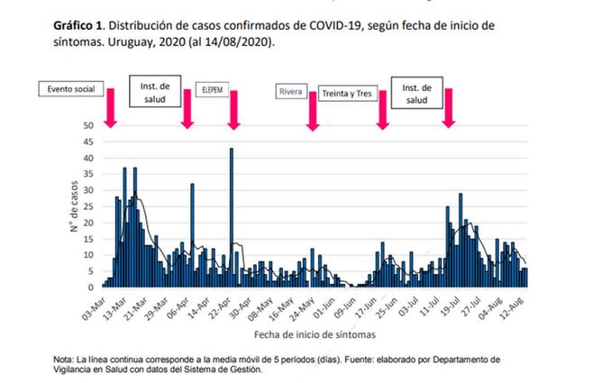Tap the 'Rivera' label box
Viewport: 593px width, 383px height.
tap(291, 91)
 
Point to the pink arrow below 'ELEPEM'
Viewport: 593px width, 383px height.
tap(233, 113)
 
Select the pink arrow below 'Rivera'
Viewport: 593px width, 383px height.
tap(312, 113)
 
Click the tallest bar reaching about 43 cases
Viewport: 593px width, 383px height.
tap(232, 217)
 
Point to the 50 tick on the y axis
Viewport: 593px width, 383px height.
tap(87, 126)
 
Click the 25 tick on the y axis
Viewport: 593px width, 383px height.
tap(87, 206)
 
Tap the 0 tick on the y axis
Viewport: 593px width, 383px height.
tap(90, 287)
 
